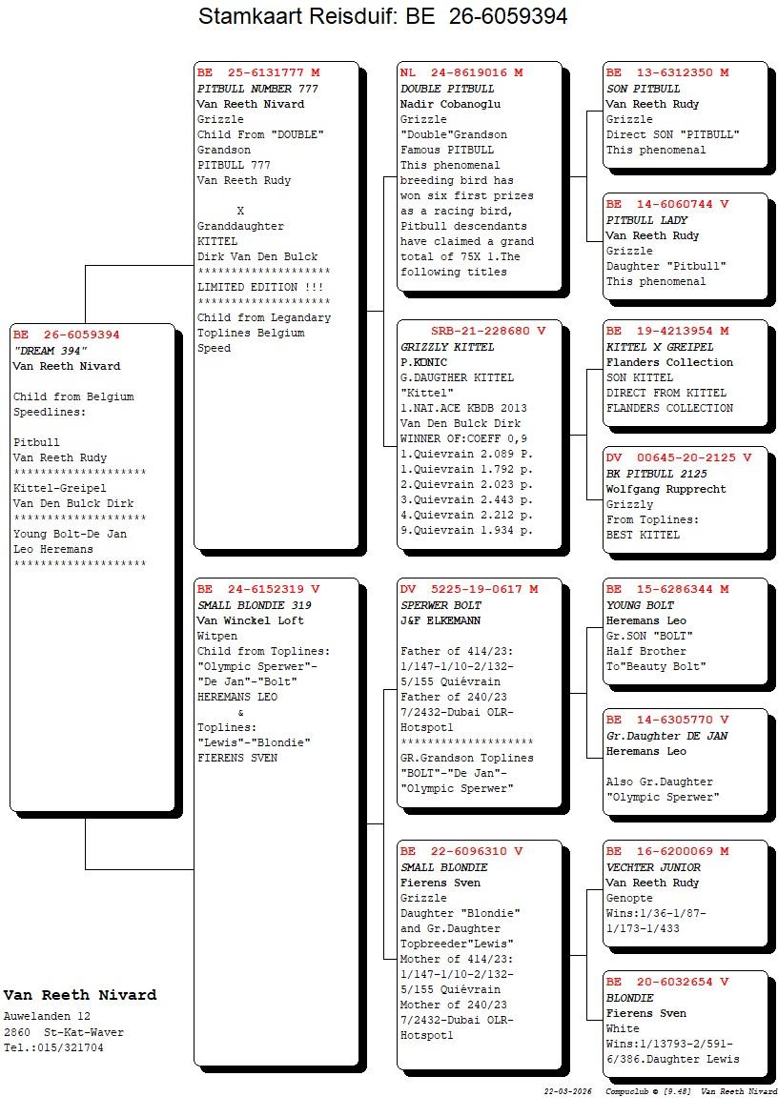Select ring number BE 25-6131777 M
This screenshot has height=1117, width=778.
coord(258,72)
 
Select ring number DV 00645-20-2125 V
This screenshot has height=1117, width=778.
coord(678,457)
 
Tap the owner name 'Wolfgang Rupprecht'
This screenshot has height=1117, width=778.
coord(665,489)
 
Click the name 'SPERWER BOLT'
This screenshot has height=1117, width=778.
coord(440,605)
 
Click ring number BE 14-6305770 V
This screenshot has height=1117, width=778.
coord(667,721)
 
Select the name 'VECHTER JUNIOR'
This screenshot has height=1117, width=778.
coord(653,867)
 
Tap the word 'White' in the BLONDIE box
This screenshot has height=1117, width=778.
coord(624,1028)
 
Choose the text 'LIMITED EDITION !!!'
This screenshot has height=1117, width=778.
coord(259,287)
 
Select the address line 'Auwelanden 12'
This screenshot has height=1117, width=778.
coord(47,1017)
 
